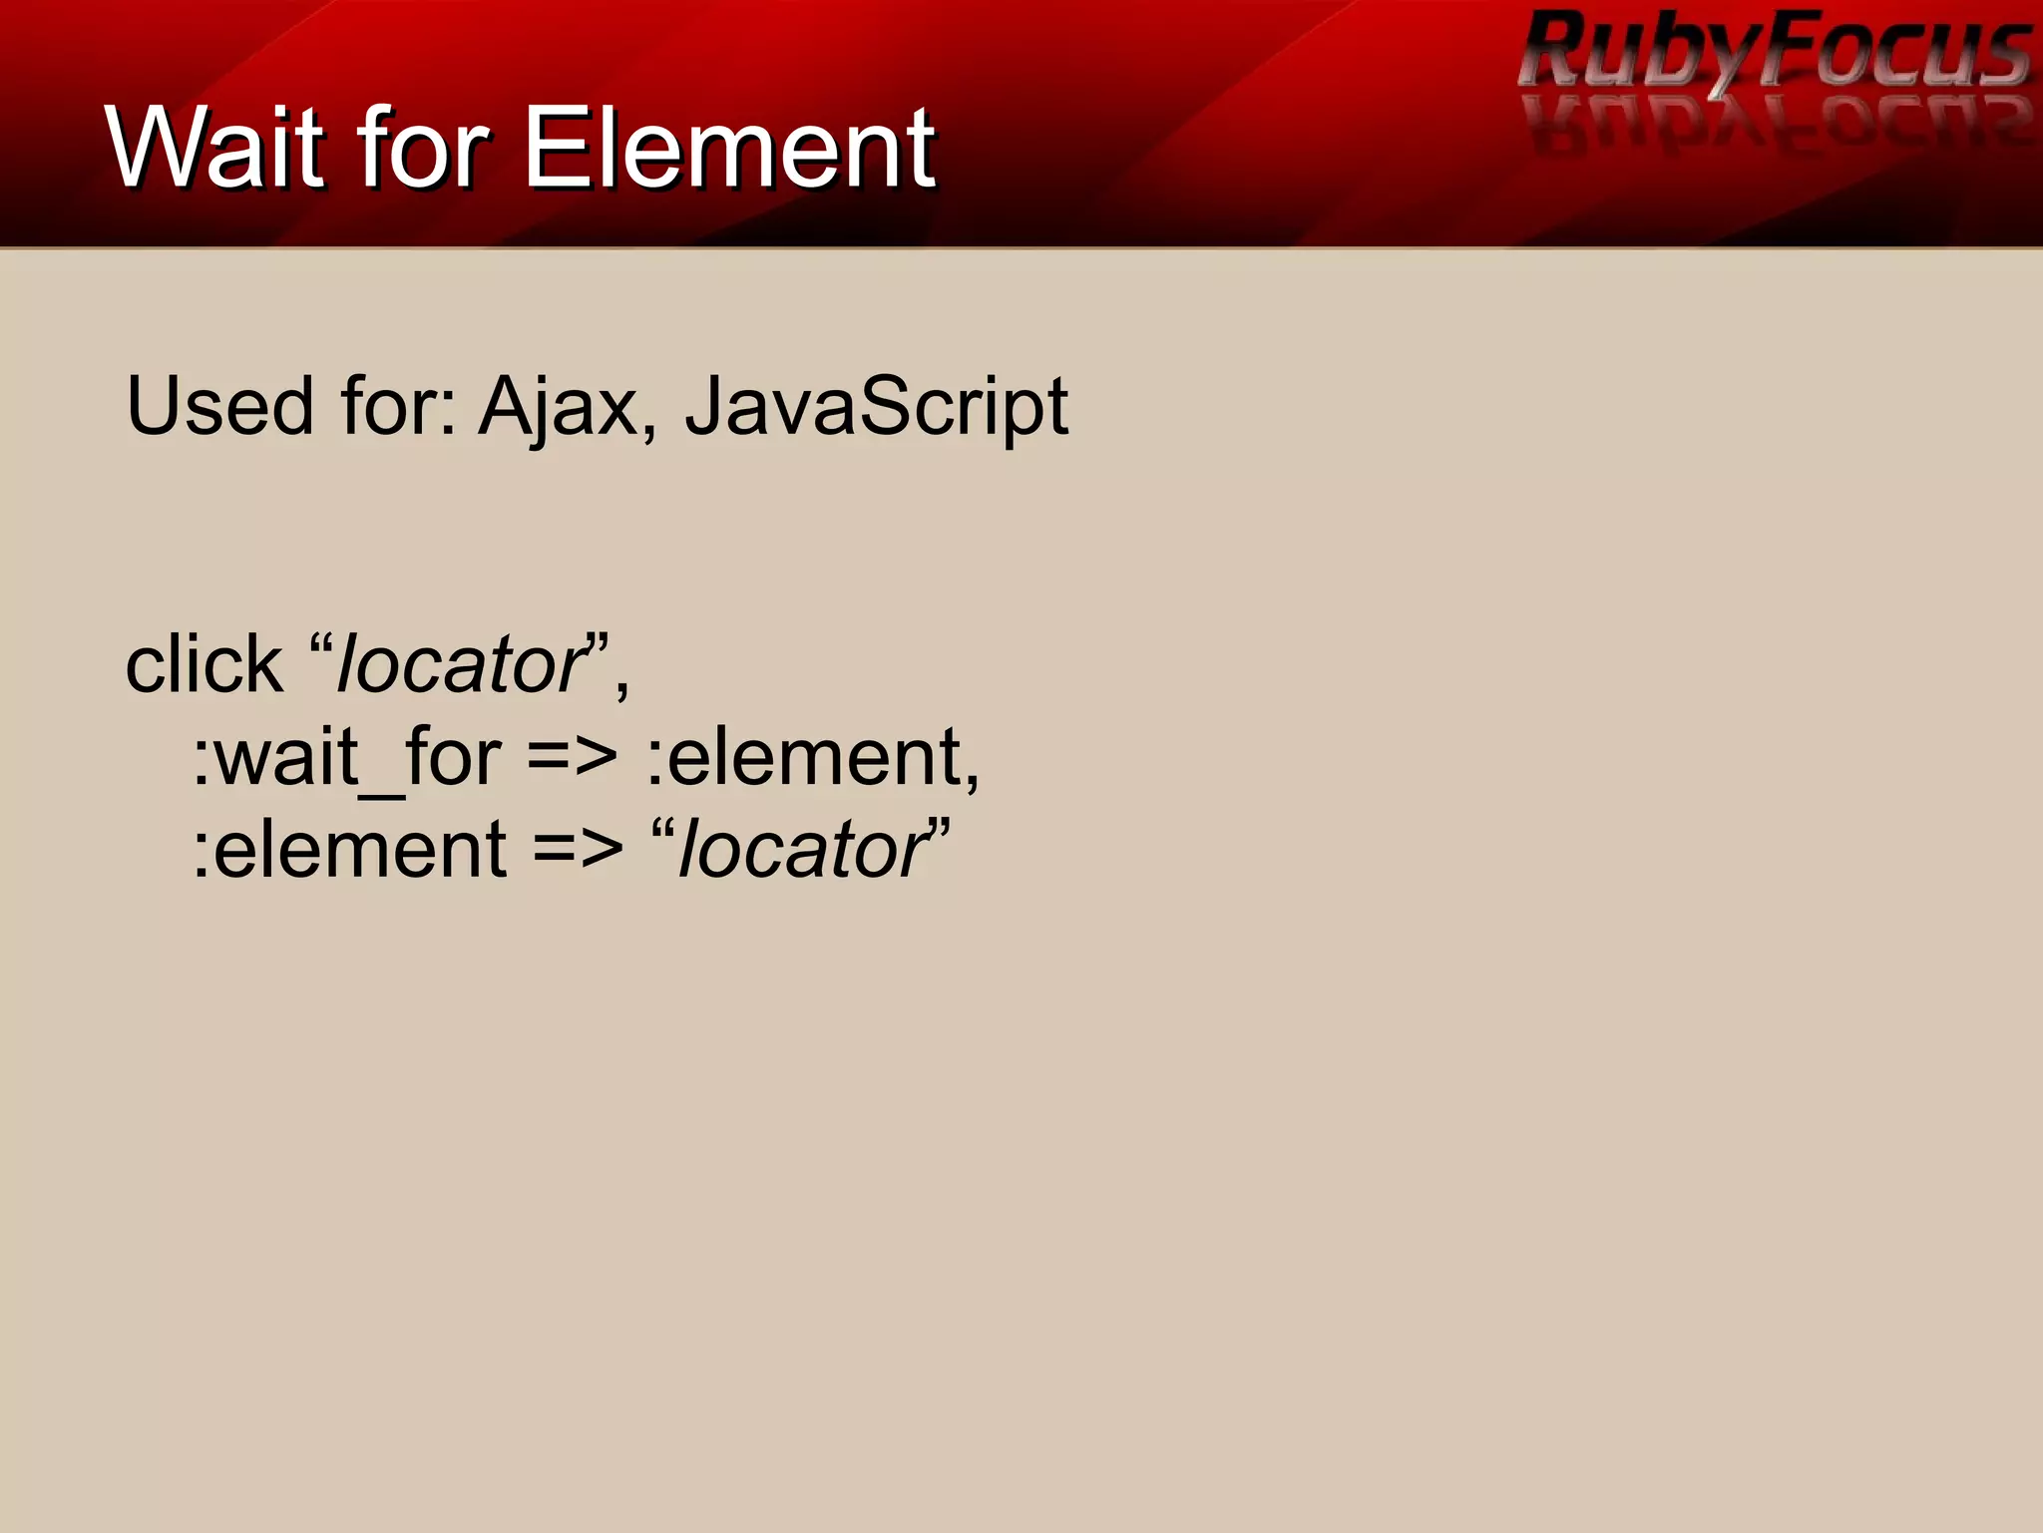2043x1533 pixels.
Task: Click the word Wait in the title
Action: (x=215, y=148)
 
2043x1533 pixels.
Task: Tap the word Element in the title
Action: (x=729, y=148)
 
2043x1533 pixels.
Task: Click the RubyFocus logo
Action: (x=1776, y=50)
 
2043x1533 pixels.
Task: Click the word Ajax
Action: (x=558, y=406)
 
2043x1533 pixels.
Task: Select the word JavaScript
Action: (x=876, y=406)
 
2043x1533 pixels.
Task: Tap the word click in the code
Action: (x=204, y=664)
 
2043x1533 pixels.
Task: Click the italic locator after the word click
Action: (x=461, y=664)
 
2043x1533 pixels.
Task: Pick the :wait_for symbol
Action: (x=346, y=758)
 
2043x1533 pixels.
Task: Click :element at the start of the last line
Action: (x=350, y=850)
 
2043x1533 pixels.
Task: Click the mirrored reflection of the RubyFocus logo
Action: (x=1776, y=125)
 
